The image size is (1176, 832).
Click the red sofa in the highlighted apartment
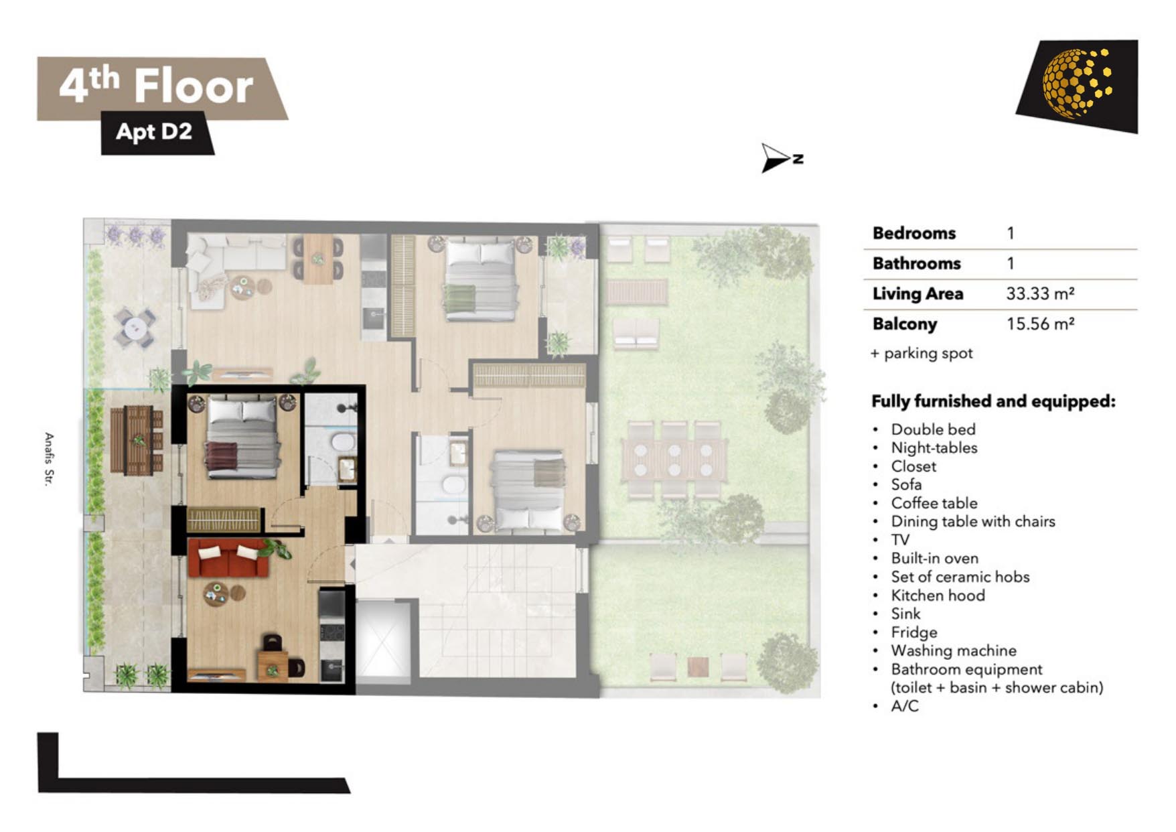pyautogui.click(x=229, y=557)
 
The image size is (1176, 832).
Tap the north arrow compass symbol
pyautogui.click(x=780, y=159)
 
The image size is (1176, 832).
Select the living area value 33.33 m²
pyautogui.click(x=1040, y=293)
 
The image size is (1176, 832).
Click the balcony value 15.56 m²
pyautogui.click(x=1040, y=324)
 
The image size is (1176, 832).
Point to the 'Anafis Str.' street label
pyautogui.click(x=48, y=460)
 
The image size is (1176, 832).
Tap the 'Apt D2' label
pyautogui.click(x=154, y=131)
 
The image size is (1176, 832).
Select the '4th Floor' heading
pyautogui.click(x=156, y=86)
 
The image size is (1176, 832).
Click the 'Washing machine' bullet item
pyautogui.click(x=953, y=650)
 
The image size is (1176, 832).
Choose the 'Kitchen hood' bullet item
pyautogui.click(x=938, y=595)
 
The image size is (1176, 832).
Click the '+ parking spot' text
pyautogui.click(x=922, y=353)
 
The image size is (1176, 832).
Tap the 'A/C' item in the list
pyautogui.click(x=904, y=706)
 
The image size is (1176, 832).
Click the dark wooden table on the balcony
pyautogui.click(x=137, y=440)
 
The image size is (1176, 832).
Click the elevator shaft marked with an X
pyautogui.click(x=382, y=638)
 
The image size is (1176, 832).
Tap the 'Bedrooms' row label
pyautogui.click(x=913, y=233)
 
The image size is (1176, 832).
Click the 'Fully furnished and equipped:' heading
pyautogui.click(x=993, y=401)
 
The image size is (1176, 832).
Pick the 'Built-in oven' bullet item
pyautogui.click(x=934, y=558)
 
